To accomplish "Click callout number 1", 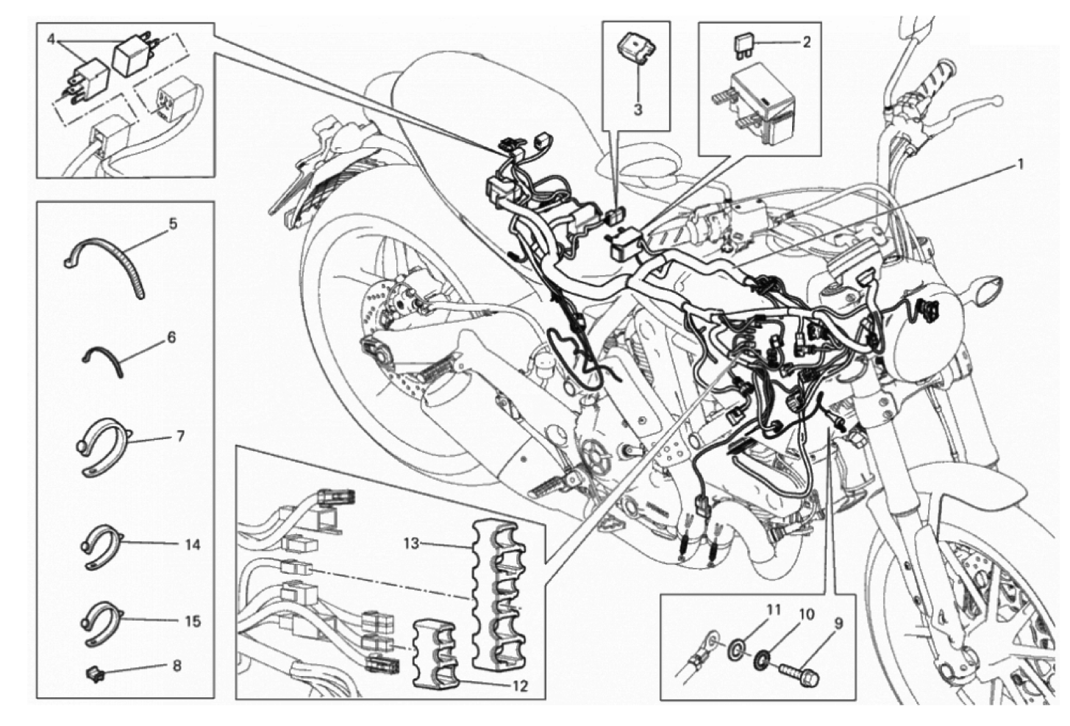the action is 1018,165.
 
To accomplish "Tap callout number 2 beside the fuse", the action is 806,43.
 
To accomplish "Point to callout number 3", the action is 638,110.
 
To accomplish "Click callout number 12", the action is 520,686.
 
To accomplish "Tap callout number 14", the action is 192,544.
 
